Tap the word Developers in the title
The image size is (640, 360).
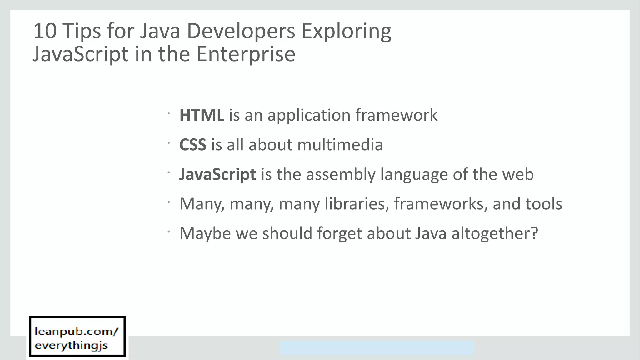pos(241,31)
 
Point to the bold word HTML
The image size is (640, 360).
pos(202,115)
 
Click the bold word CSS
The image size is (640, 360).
pos(193,145)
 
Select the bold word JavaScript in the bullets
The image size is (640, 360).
pos(217,174)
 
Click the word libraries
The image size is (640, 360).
pos(357,204)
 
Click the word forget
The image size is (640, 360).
pos(339,234)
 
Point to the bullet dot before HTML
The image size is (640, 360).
pos(168,113)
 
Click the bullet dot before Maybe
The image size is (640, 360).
pos(168,232)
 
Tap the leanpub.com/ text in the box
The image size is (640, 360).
pos(77,332)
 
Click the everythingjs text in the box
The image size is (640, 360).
pos(71,346)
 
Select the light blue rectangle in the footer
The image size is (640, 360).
pos(376,348)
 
